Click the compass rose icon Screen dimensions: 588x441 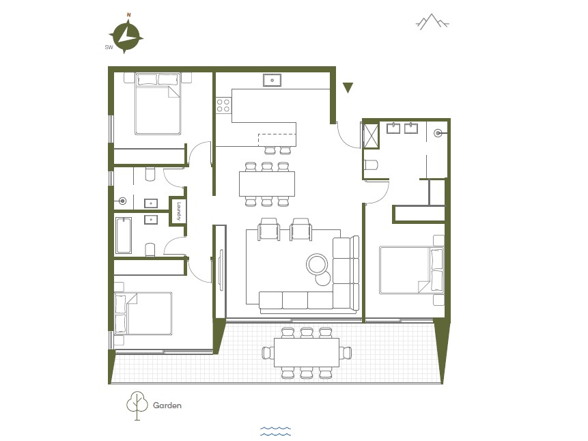126,36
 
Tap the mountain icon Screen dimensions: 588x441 432,22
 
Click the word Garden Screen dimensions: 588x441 167,406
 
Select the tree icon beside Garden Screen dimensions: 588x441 137,406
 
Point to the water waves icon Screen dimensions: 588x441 276,431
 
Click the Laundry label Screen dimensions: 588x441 179,212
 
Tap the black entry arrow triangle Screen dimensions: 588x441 348,87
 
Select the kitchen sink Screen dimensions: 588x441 272,81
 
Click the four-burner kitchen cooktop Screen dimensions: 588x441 223,105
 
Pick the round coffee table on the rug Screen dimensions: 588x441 318,264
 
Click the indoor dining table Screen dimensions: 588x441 267,184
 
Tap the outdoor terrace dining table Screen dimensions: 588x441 307,352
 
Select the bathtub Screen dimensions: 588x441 124,236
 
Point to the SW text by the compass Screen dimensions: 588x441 109,47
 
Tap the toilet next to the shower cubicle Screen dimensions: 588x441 371,165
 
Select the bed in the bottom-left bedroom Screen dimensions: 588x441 143,314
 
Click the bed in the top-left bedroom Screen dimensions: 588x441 158,104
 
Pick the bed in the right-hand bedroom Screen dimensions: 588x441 412,270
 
